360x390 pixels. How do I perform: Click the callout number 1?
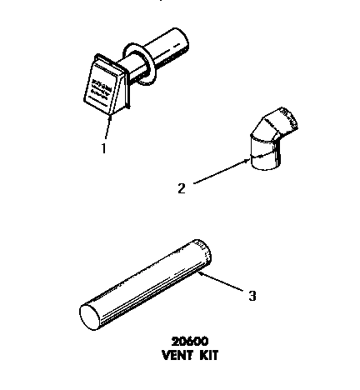tap(102, 149)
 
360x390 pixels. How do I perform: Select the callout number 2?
tap(180, 187)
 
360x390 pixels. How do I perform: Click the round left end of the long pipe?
tap(89, 315)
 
